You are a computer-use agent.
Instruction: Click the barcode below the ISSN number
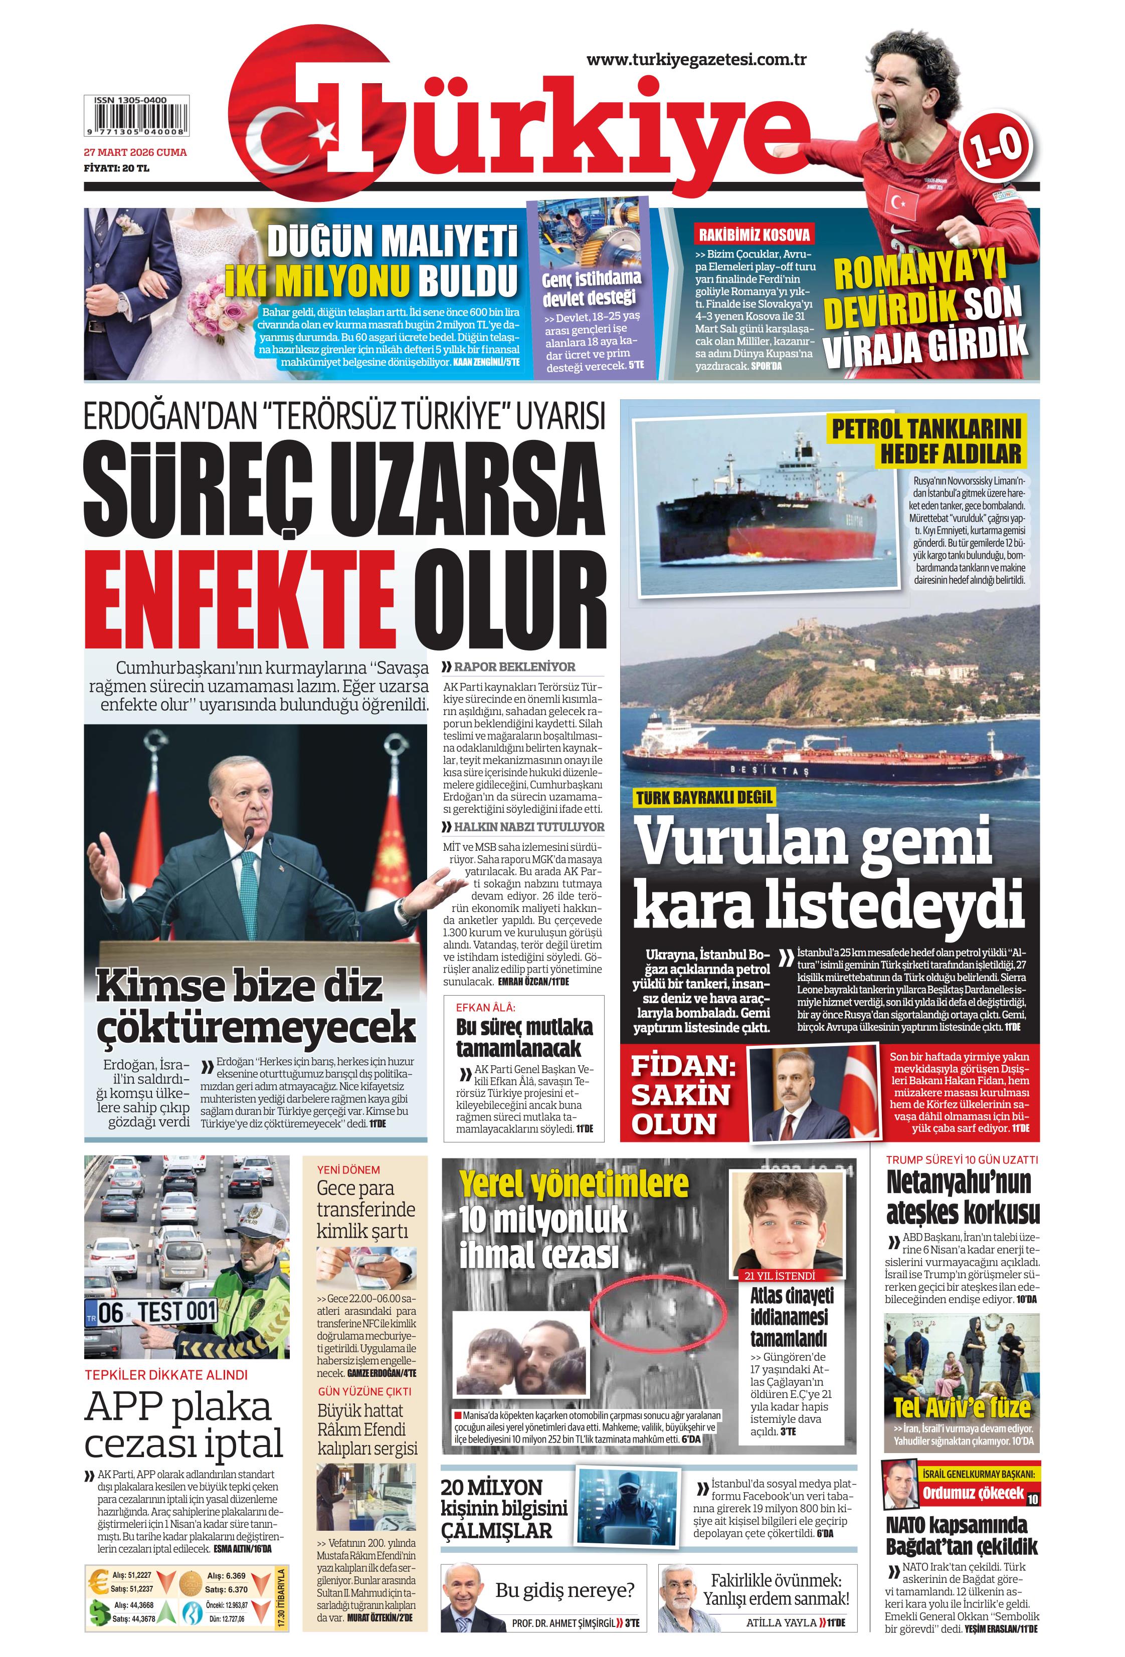coord(135,122)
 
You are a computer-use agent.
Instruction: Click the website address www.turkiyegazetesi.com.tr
coord(695,61)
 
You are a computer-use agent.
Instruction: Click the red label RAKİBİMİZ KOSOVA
coord(754,234)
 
